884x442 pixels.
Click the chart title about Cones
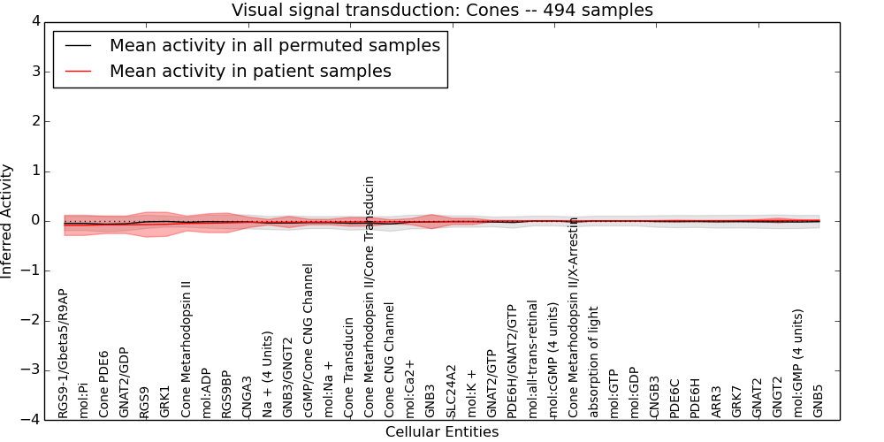(x=442, y=11)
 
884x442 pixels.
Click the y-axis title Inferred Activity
(x=8, y=221)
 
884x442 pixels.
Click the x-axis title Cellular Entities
(x=442, y=432)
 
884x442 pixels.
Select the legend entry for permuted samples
(x=274, y=45)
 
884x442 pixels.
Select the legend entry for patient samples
(x=250, y=71)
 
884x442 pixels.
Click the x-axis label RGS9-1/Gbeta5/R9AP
(x=63, y=354)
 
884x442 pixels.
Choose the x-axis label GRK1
(x=164, y=400)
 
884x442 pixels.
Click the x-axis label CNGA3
(x=247, y=396)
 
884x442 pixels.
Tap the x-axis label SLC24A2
(x=452, y=391)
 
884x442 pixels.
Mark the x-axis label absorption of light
(x=594, y=362)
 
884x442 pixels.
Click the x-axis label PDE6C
(x=674, y=398)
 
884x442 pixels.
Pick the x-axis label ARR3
(x=716, y=400)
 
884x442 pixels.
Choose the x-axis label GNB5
(x=819, y=400)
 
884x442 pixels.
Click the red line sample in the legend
(x=78, y=71)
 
